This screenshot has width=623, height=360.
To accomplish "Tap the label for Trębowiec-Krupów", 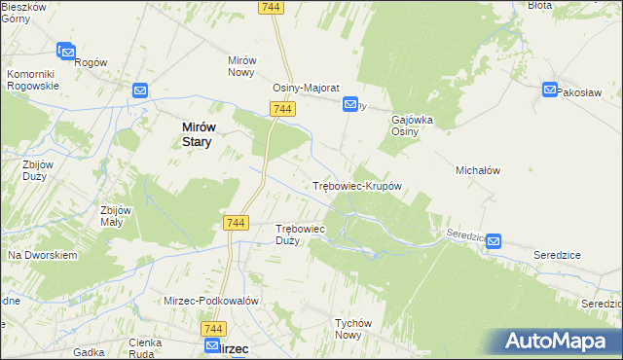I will [x=357, y=185].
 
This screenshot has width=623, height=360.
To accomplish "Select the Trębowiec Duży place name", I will [x=300, y=234].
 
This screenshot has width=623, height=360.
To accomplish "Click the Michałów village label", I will [x=478, y=170].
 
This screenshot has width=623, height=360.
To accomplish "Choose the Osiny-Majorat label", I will [x=305, y=87].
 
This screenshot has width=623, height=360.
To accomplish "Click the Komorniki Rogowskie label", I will [x=33, y=80].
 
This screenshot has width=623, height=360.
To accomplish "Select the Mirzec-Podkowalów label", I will [x=210, y=301].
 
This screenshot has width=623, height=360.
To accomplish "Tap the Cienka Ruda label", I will [x=151, y=348].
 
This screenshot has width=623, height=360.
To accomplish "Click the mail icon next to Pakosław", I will [x=550, y=91].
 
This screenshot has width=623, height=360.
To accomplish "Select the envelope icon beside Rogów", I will [x=66, y=50].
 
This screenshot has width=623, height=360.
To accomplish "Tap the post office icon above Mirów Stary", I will [x=140, y=91].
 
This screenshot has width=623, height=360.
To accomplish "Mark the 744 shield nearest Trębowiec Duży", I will [x=235, y=223].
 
